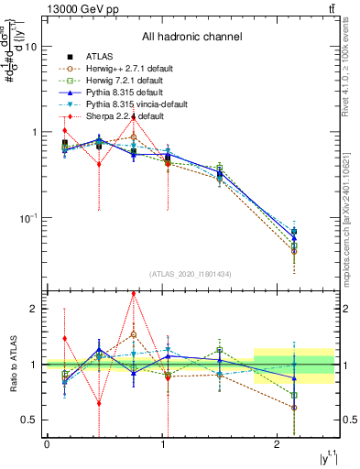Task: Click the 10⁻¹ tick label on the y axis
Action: [x=27, y=218]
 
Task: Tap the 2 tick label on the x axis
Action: [x=277, y=444]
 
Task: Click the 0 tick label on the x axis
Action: [x=47, y=444]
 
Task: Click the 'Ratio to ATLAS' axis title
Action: [x=10, y=365]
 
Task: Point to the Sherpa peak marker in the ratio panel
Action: [x=134, y=294]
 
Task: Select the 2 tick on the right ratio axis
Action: [x=344, y=309]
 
